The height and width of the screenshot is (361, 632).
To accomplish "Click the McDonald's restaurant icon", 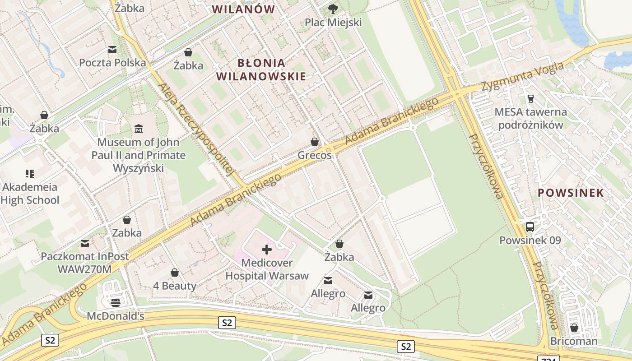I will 116,302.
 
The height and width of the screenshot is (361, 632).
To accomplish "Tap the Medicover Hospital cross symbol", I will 267,249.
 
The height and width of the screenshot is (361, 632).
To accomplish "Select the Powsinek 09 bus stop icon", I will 530,227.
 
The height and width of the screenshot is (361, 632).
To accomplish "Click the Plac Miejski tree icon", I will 333,8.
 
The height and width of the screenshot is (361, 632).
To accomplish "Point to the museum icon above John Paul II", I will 139,129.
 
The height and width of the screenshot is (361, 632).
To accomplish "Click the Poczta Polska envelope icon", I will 112,49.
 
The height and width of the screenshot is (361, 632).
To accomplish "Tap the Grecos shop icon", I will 315,142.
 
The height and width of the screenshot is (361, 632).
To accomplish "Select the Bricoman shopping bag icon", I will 574,328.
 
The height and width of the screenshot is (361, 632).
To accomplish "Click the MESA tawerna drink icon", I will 531,98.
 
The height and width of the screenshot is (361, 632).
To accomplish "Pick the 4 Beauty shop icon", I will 175,273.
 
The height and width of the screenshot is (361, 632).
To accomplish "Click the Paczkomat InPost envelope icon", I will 85,243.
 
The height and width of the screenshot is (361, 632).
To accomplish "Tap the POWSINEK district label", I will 571,193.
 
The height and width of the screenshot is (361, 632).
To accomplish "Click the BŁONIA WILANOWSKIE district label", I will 261,69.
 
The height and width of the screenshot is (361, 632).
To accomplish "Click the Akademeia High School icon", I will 30,173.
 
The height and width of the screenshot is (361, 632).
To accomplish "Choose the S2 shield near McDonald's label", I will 227,322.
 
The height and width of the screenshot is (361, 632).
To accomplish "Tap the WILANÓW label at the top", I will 243,9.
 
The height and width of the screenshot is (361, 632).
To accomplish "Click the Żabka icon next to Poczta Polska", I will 188,52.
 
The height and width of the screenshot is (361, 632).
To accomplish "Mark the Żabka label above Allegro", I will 339,257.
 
